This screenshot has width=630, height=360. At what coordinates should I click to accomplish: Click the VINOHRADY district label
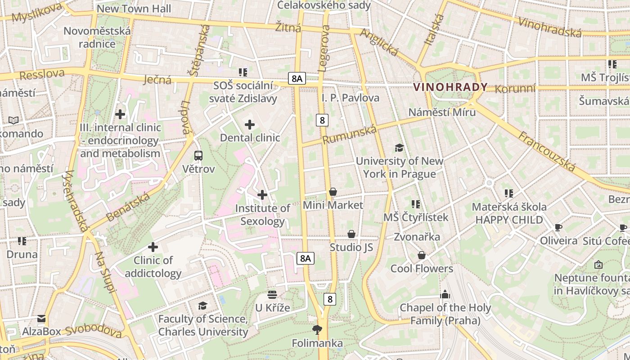coord(450,87)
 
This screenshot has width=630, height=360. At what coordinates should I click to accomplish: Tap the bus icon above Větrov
coord(198,156)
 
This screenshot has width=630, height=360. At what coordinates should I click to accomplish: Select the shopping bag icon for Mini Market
coord(333,192)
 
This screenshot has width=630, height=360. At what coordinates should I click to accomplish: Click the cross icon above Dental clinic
coord(250,125)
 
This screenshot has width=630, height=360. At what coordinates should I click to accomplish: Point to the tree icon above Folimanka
coord(317,330)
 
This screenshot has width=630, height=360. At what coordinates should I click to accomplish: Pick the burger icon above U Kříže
coord(272,295)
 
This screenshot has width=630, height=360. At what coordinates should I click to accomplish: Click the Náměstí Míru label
coord(442,112)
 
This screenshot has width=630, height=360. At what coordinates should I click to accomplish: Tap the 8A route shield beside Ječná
coord(297,79)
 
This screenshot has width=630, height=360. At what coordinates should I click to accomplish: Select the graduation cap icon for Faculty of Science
coord(203,306)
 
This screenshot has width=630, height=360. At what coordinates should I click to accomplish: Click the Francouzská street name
coord(547,151)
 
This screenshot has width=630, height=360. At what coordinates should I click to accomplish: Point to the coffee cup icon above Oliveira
coord(558,227)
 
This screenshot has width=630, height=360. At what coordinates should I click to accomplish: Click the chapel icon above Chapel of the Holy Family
coord(445,295)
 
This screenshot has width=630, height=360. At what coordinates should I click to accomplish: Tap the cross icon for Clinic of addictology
coord(153,247)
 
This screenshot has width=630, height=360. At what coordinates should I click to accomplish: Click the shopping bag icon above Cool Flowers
coord(422,256)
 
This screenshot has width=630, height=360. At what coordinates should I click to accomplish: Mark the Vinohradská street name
coord(550,27)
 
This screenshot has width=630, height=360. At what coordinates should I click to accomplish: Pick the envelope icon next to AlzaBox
coord(41,319)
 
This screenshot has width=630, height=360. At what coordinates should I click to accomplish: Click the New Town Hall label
coord(134,9)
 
